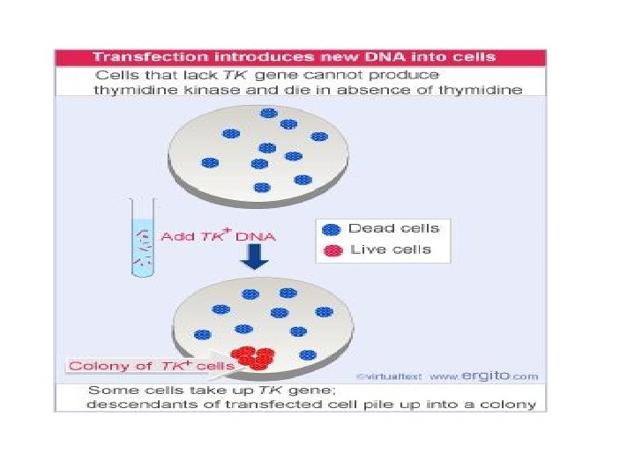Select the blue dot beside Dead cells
pyautogui.click(x=331, y=229)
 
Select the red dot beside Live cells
pyautogui.click(x=331, y=249)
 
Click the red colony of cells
pyautogui.click(x=257, y=356)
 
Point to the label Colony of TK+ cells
pyautogui.click(x=151, y=366)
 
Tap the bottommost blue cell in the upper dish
pyautogui.click(x=262, y=187)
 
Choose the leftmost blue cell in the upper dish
pyautogui.click(x=209, y=163)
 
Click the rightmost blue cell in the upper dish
pyautogui.click(x=319, y=137)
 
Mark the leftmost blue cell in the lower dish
pyautogui.click(x=203, y=335)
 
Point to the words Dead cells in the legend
pyautogui.click(x=393, y=228)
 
